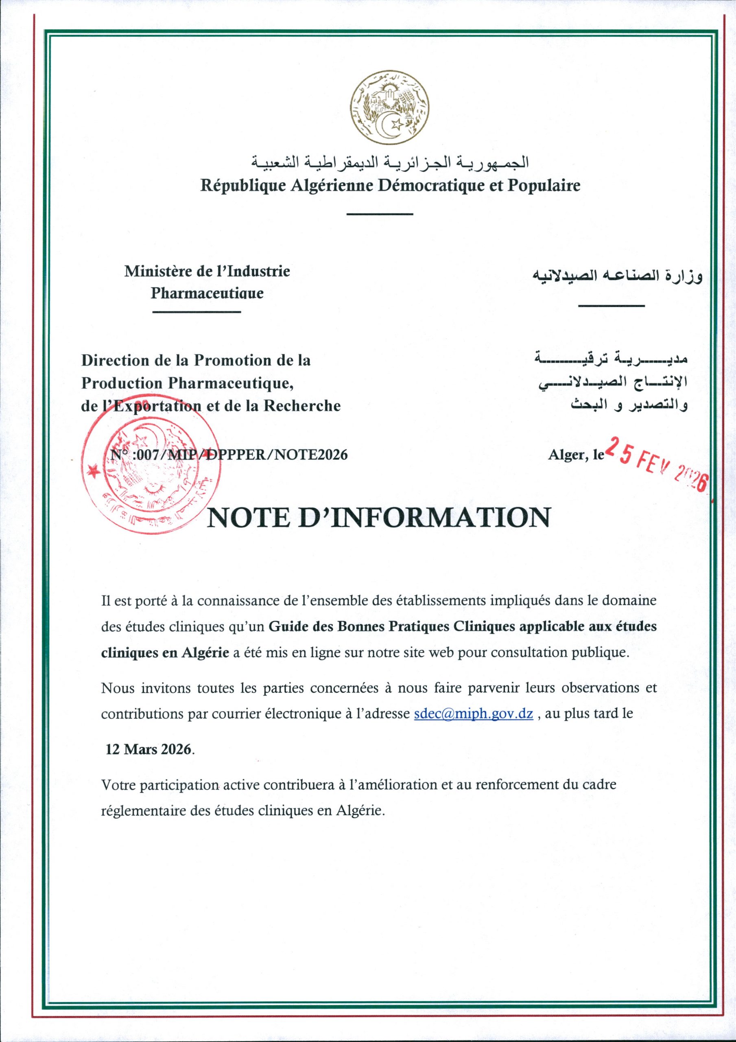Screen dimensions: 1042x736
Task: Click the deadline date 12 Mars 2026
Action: (x=149, y=749)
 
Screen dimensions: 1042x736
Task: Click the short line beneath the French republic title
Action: (x=379, y=214)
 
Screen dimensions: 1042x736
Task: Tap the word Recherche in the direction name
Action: (x=302, y=405)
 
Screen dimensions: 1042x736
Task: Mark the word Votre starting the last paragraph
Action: (x=119, y=784)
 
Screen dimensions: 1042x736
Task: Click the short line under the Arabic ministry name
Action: (x=612, y=306)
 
